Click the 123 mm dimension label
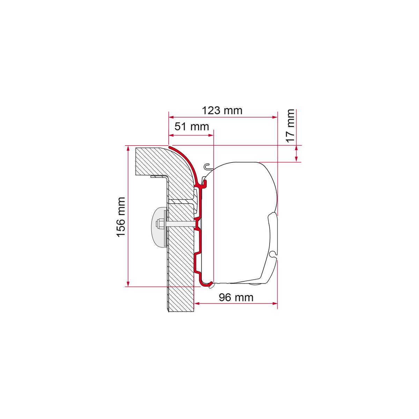click(222, 110)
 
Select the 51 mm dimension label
click(192, 126)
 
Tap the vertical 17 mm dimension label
click(290, 126)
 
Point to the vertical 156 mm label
click(121, 217)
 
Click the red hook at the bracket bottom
click(205, 284)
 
